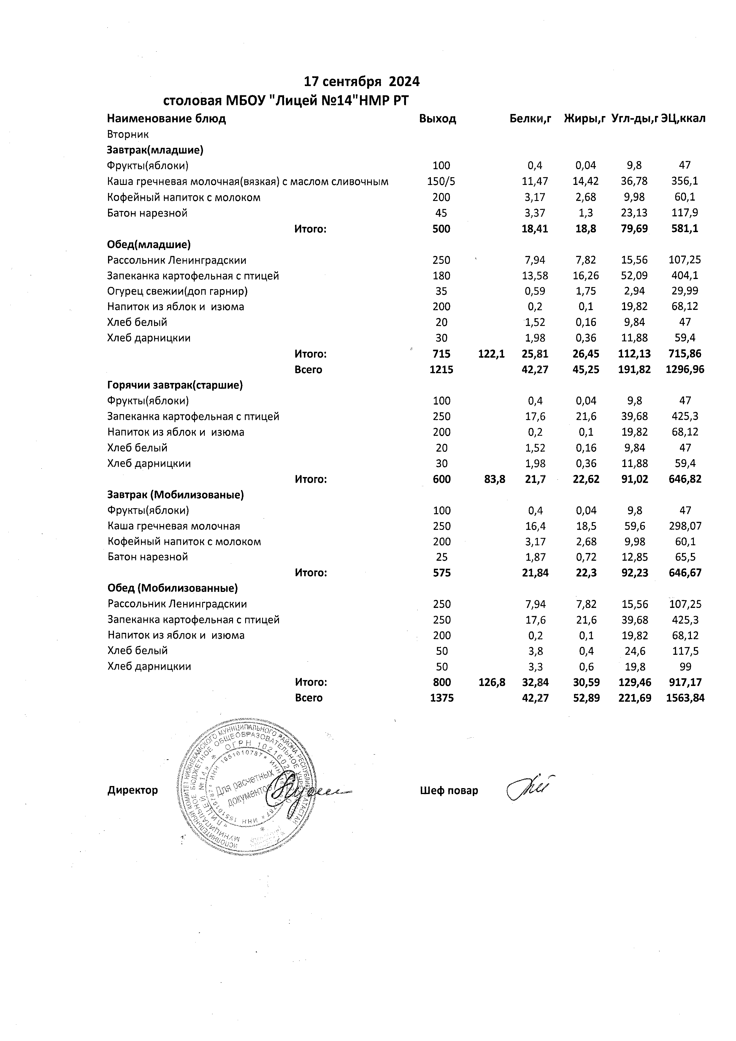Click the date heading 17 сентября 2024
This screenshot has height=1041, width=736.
coord(362,82)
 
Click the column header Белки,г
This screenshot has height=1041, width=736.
coord(530,119)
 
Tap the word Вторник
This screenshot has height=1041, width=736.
coord(128,134)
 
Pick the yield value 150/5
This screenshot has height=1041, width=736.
coord(441,181)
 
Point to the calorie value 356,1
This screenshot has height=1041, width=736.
coord(684,181)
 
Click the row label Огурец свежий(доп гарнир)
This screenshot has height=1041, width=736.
coord(177,291)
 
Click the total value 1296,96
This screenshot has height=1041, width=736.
coord(685,370)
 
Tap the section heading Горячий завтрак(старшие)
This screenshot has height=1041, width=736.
coord(175,385)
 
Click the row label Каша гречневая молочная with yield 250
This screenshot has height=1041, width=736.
coord(174,526)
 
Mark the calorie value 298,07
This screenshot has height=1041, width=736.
coord(685,526)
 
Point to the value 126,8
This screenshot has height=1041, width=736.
coord(492,682)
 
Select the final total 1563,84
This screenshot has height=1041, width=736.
coord(685,698)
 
